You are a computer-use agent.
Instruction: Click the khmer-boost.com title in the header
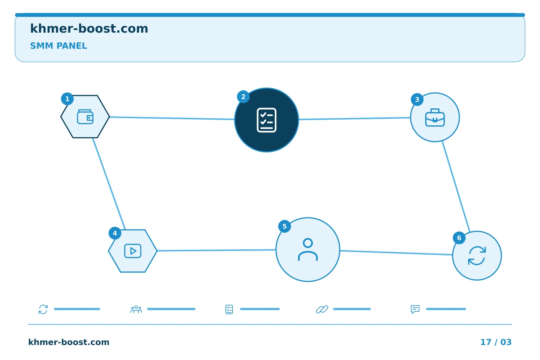click(x=89, y=28)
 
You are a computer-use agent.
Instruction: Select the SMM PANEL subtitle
click(x=58, y=46)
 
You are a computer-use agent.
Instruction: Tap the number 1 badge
click(x=67, y=99)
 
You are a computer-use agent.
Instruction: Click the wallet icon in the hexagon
click(x=85, y=117)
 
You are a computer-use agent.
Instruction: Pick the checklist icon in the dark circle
click(x=266, y=120)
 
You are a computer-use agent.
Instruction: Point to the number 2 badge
click(x=243, y=97)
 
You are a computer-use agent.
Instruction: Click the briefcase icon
click(x=435, y=117)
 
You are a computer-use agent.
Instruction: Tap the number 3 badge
click(x=417, y=100)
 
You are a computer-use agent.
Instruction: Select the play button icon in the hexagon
click(x=133, y=251)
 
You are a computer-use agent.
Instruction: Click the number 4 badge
click(x=115, y=233)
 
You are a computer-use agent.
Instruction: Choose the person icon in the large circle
click(x=308, y=250)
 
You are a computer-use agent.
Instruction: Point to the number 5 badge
click(x=285, y=226)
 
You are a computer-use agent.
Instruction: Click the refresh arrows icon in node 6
click(x=477, y=256)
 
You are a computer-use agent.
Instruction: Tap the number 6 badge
click(x=459, y=238)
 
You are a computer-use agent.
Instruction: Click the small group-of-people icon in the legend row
click(x=136, y=309)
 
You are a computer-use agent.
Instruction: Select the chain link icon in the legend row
click(x=322, y=309)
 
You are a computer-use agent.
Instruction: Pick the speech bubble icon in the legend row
click(x=415, y=309)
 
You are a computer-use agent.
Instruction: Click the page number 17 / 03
click(x=496, y=342)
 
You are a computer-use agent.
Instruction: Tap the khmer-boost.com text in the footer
click(x=69, y=342)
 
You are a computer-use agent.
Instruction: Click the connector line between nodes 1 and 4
click(x=109, y=184)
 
